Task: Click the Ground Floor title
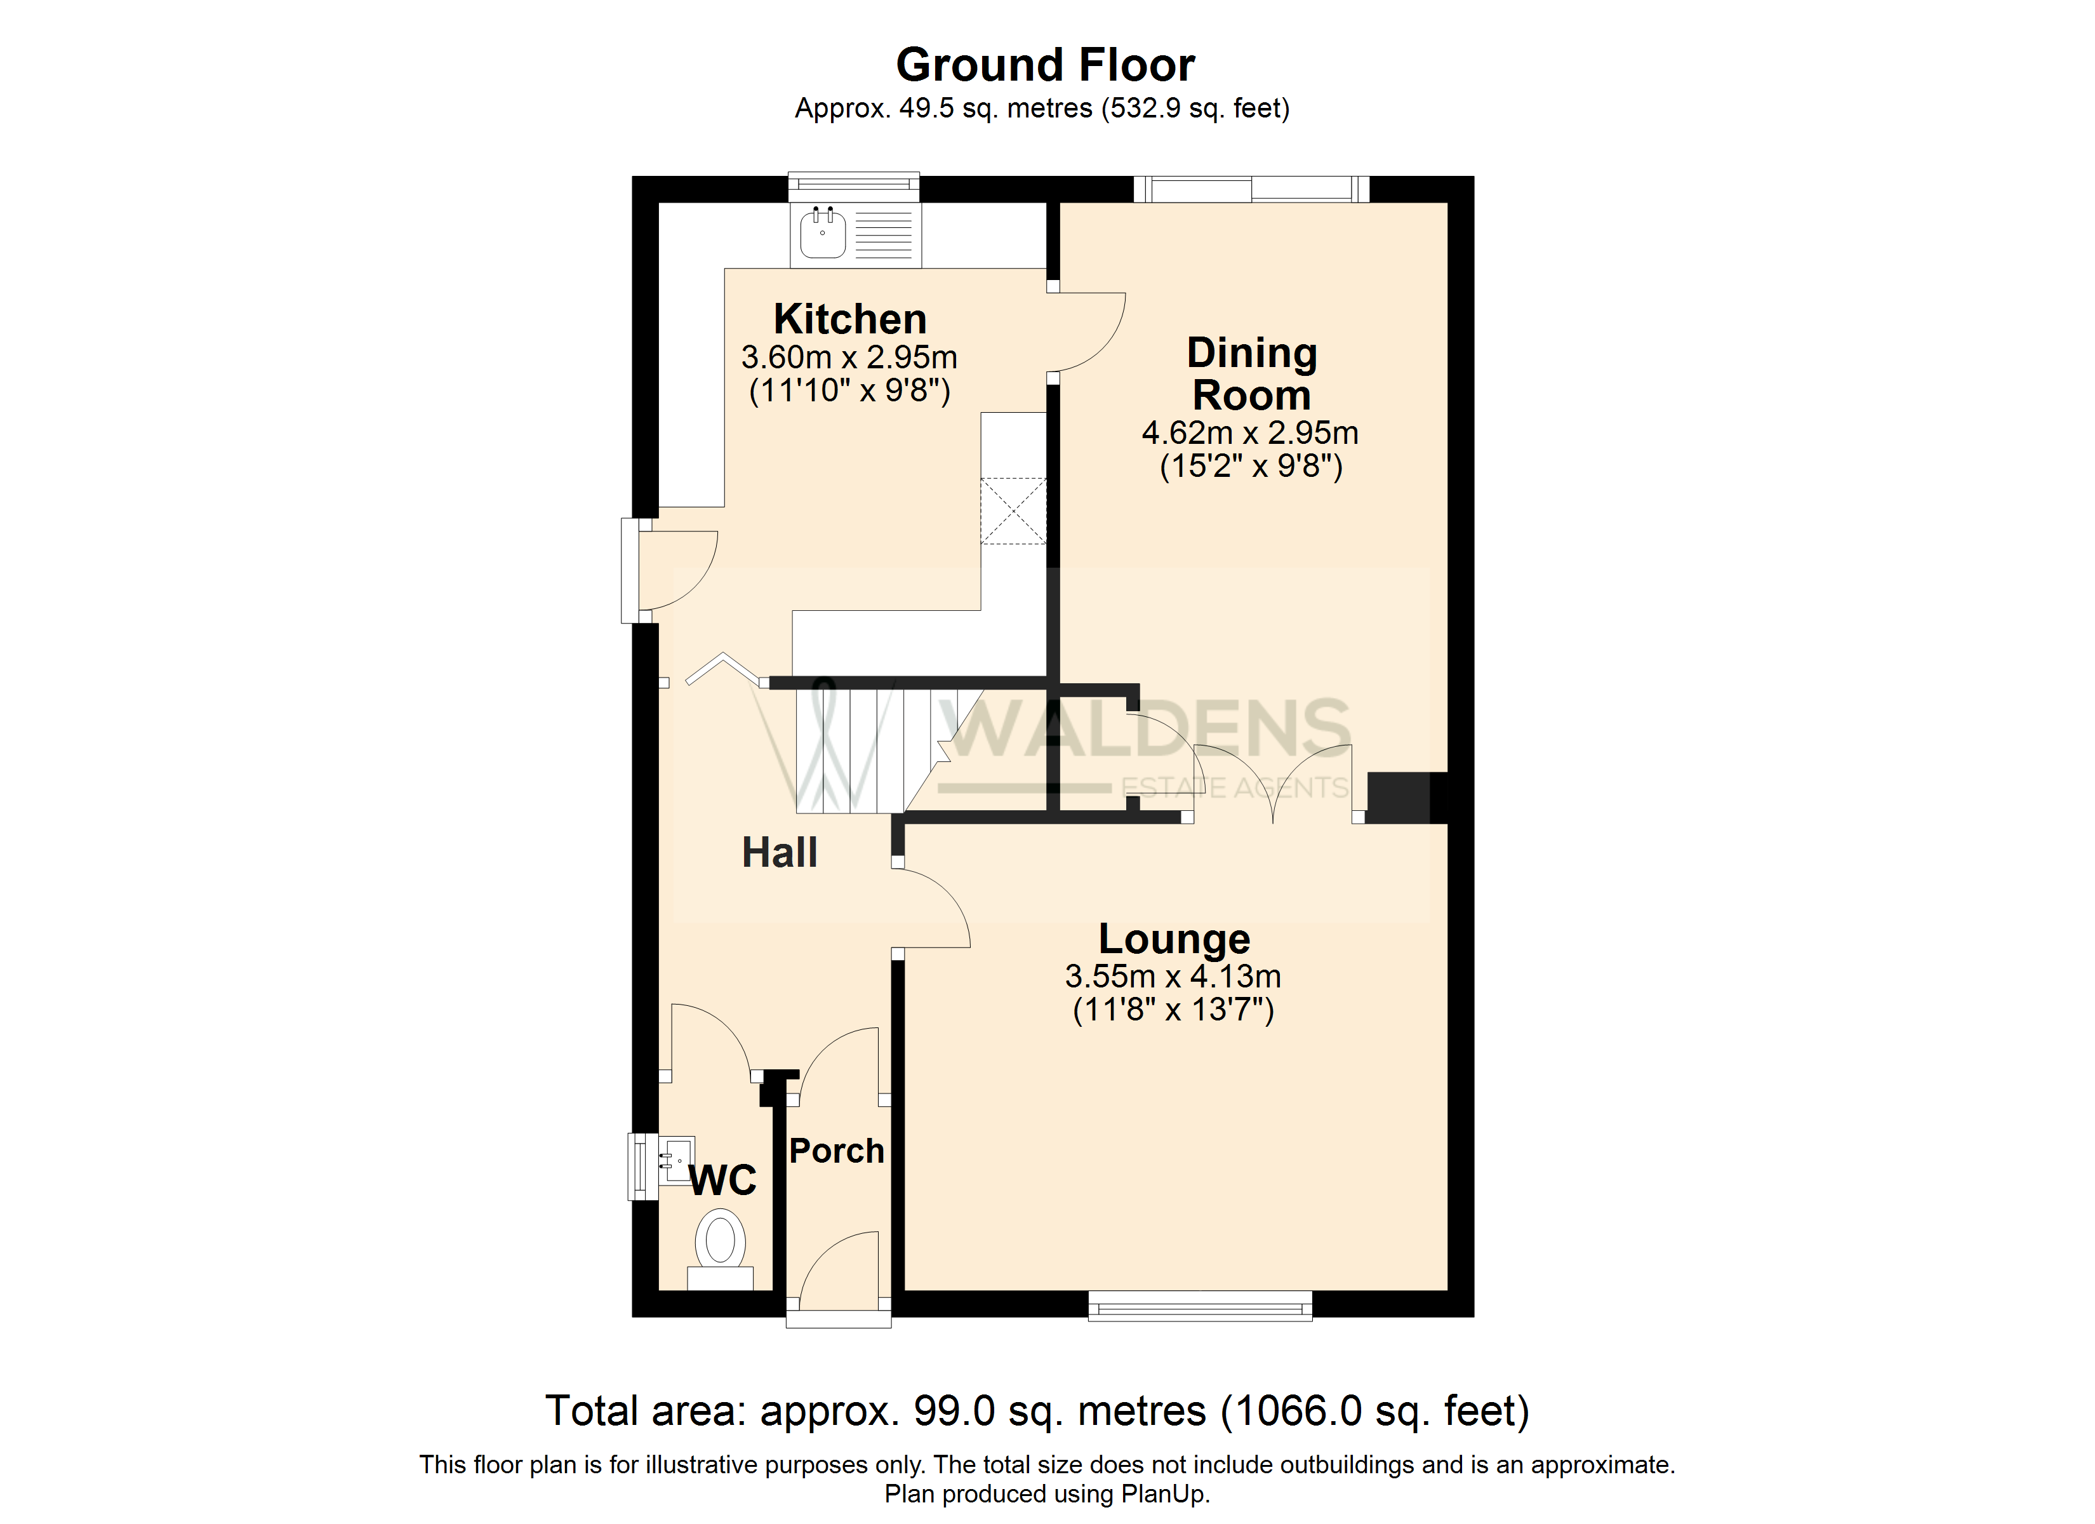(1046, 65)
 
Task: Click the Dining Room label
(1252, 373)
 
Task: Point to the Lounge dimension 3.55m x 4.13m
(1173, 976)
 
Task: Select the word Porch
(837, 1151)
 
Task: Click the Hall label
(780, 852)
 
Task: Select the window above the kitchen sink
(853, 187)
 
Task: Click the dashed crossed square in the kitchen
(1013, 511)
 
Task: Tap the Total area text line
(1037, 1411)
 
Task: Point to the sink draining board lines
(883, 235)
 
